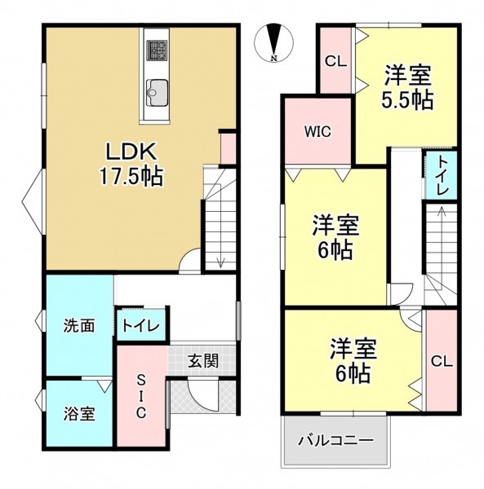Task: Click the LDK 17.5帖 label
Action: (x=131, y=164)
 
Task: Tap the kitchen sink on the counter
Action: (x=158, y=92)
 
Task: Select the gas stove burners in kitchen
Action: (x=157, y=50)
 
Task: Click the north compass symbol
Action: (x=274, y=42)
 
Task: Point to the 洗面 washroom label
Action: (x=79, y=326)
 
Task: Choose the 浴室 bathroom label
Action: (x=79, y=414)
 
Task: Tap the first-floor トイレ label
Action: (x=141, y=326)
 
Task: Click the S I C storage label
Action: (x=141, y=396)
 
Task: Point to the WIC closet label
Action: (x=317, y=132)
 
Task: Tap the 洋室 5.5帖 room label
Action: (x=407, y=87)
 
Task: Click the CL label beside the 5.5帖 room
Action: (x=335, y=61)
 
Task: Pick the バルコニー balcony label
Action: (x=335, y=441)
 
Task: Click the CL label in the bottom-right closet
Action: (x=442, y=362)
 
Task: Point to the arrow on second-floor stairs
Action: (x=442, y=238)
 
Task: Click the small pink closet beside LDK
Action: (x=229, y=149)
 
